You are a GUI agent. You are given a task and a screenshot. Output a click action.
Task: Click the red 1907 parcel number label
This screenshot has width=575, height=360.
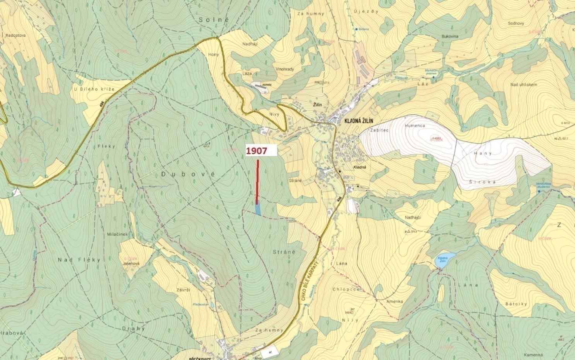(x=257, y=151)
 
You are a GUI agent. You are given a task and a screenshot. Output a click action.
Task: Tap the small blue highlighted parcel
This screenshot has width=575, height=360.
(x=258, y=209)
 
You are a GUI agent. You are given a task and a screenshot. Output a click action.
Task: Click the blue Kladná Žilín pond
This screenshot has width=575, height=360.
(x=441, y=261)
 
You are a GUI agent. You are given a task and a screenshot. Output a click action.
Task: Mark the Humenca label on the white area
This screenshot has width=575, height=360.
(x=415, y=126)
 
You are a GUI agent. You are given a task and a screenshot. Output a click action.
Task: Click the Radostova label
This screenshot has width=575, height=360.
(x=15, y=35)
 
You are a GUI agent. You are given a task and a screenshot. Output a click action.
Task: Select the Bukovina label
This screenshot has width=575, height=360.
(x=449, y=36)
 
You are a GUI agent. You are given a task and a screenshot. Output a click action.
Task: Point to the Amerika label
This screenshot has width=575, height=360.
(x=395, y=301)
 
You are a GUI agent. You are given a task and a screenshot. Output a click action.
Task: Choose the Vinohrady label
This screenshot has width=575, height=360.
(x=285, y=69)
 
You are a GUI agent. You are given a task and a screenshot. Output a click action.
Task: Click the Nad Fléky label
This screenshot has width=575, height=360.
(x=79, y=260)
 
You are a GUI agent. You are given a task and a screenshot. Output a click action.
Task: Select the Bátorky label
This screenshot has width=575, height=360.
(x=516, y=304)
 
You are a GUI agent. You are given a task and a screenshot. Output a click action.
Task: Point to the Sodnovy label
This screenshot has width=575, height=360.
(x=516, y=23)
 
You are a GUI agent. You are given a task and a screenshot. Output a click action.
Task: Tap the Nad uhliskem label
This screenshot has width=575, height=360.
(x=524, y=85)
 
